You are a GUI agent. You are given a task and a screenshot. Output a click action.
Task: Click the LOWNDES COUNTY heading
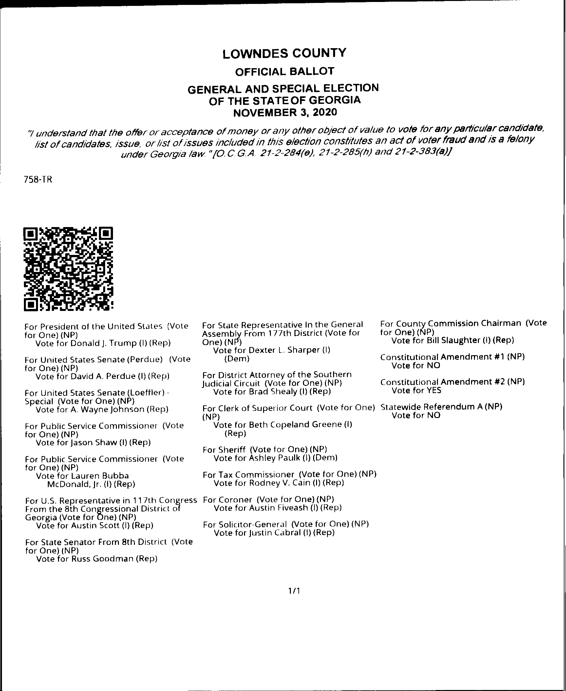pos(284,53)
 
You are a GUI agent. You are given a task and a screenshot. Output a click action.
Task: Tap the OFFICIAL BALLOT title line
pos(285,71)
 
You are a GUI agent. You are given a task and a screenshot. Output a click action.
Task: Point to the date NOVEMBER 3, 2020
pos(284,112)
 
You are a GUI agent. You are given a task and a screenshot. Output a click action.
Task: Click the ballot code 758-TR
pos(38,180)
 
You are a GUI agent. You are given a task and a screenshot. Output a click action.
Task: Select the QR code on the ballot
pos(68,269)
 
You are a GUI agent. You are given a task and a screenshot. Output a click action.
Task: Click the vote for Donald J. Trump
pos(103,343)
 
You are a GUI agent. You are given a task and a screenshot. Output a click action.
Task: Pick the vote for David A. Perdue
pos(102,376)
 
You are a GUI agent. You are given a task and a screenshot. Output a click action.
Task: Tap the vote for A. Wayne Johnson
pos(102,409)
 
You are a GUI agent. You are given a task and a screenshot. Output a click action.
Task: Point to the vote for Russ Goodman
pos(97,559)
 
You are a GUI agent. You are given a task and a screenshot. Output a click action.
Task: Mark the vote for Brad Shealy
pos(272,392)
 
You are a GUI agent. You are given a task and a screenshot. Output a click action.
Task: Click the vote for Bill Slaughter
pos(453,340)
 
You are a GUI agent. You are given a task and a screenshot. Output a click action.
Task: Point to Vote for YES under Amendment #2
pos(416,390)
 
